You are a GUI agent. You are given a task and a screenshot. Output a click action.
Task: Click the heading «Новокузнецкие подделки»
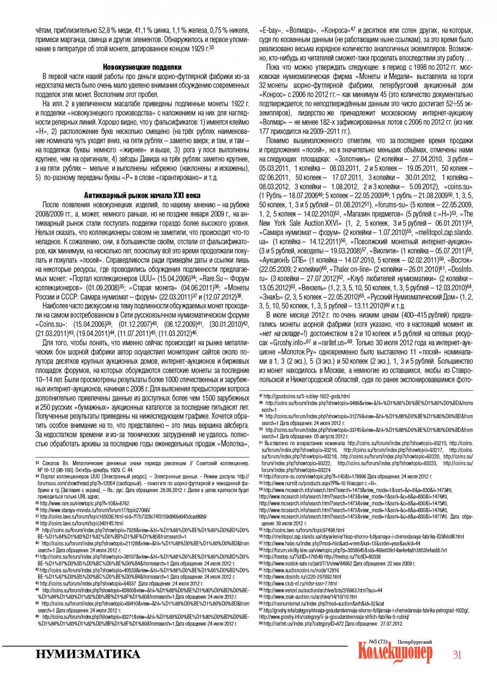tap(142, 67)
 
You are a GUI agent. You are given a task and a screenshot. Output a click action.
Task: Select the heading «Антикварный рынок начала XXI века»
tap(142, 195)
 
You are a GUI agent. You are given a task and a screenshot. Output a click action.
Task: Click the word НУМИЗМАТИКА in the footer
tap(88, 654)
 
